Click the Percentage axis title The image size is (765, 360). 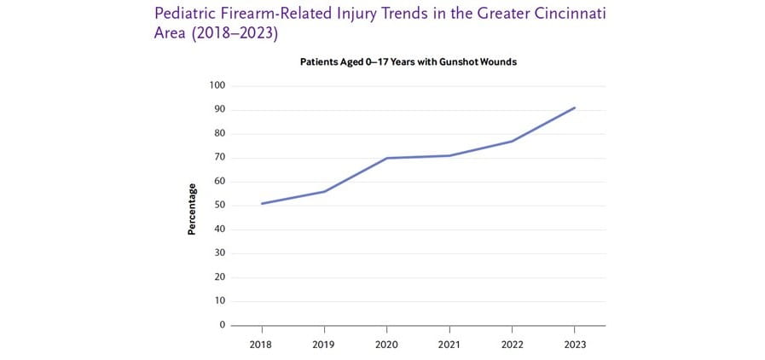(x=193, y=209)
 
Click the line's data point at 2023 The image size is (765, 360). (x=575, y=107)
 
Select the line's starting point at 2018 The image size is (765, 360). (x=261, y=203)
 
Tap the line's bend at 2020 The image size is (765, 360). (x=386, y=158)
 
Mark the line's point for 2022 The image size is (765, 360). (x=512, y=141)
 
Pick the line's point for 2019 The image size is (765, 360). (x=324, y=191)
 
